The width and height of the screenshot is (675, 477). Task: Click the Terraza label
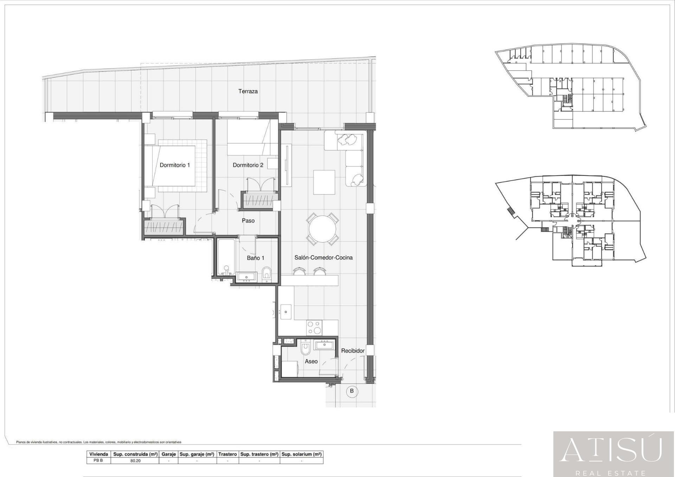tap(248, 91)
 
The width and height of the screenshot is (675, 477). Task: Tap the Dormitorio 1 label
tap(175, 165)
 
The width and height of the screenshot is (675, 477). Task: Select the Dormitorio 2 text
tap(248, 165)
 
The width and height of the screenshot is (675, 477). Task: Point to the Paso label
tap(248, 221)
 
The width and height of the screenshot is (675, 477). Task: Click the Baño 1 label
tap(255, 258)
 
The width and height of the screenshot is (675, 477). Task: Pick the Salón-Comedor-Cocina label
tap(323, 258)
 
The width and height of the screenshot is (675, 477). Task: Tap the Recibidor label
tap(353, 351)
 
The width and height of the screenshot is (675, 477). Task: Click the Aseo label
tap(311, 361)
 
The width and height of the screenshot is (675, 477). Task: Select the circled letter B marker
tap(352, 391)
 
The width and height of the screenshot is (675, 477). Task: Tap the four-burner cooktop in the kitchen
tap(314, 328)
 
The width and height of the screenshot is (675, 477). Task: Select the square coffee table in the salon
tap(324, 182)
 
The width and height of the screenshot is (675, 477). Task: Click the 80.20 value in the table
tap(135, 461)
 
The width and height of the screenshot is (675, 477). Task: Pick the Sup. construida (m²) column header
tap(135, 454)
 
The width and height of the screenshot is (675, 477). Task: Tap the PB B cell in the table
tap(98, 460)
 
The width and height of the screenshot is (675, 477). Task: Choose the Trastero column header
tap(227, 454)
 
